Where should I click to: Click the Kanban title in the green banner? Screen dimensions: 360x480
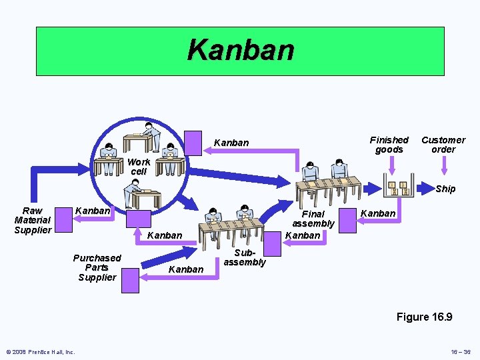pyautogui.click(x=240, y=49)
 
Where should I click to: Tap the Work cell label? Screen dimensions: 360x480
pyautogui.click(x=139, y=167)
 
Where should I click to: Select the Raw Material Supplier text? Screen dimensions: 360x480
pyautogui.click(x=33, y=220)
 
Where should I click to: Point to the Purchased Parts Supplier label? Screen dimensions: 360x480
pyautogui.click(x=97, y=267)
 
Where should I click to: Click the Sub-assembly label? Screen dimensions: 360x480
pyautogui.click(x=245, y=258)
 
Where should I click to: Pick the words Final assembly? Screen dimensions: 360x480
pyautogui.click(x=313, y=219)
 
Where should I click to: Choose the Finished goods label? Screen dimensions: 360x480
pyautogui.click(x=389, y=145)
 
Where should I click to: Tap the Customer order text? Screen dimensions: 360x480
pyautogui.click(x=443, y=145)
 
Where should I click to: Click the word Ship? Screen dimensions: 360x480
pyautogui.click(x=445, y=189)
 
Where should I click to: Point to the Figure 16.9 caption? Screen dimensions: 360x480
pyautogui.click(x=424, y=317)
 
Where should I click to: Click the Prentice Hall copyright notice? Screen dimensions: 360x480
pyautogui.click(x=41, y=352)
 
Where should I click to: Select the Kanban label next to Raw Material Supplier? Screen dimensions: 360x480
pyautogui.click(x=93, y=211)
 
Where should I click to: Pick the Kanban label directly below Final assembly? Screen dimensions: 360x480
pyautogui.click(x=303, y=235)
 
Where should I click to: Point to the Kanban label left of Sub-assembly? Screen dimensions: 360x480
pyautogui.click(x=186, y=269)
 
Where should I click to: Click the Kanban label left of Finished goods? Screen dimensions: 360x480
pyautogui.click(x=231, y=143)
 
